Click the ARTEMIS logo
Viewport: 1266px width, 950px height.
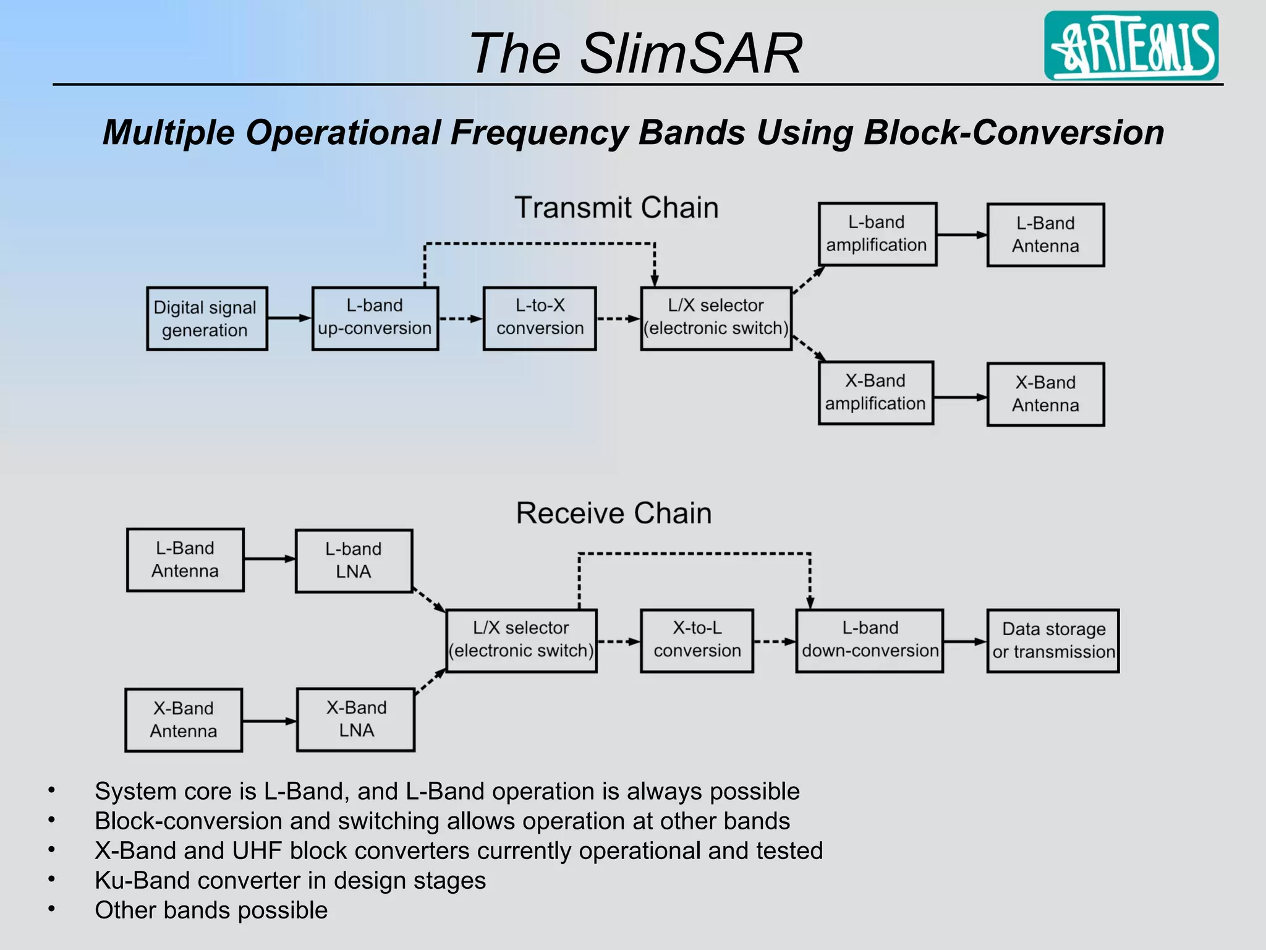(x=1131, y=46)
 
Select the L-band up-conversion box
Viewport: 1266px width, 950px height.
(x=375, y=318)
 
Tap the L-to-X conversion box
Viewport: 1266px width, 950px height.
(x=539, y=318)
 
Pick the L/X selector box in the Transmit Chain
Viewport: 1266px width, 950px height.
(x=716, y=318)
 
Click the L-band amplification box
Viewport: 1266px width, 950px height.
(x=877, y=234)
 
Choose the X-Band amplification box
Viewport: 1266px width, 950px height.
(x=875, y=393)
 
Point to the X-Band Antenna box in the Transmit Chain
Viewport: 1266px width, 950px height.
(x=1045, y=394)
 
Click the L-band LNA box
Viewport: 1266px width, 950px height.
(x=354, y=560)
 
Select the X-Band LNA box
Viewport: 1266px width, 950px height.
(x=355, y=719)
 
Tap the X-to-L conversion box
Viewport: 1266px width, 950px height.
(x=697, y=640)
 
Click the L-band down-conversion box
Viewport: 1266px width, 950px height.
(x=869, y=640)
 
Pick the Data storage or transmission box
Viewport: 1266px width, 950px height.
(x=1053, y=640)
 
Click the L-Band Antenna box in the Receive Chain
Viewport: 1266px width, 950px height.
(x=185, y=560)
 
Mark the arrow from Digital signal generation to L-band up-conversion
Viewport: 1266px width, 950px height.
(x=289, y=318)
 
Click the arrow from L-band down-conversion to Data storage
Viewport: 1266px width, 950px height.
(x=964, y=641)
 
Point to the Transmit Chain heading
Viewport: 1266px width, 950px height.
(x=616, y=208)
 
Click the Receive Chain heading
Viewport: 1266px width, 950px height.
(x=614, y=513)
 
